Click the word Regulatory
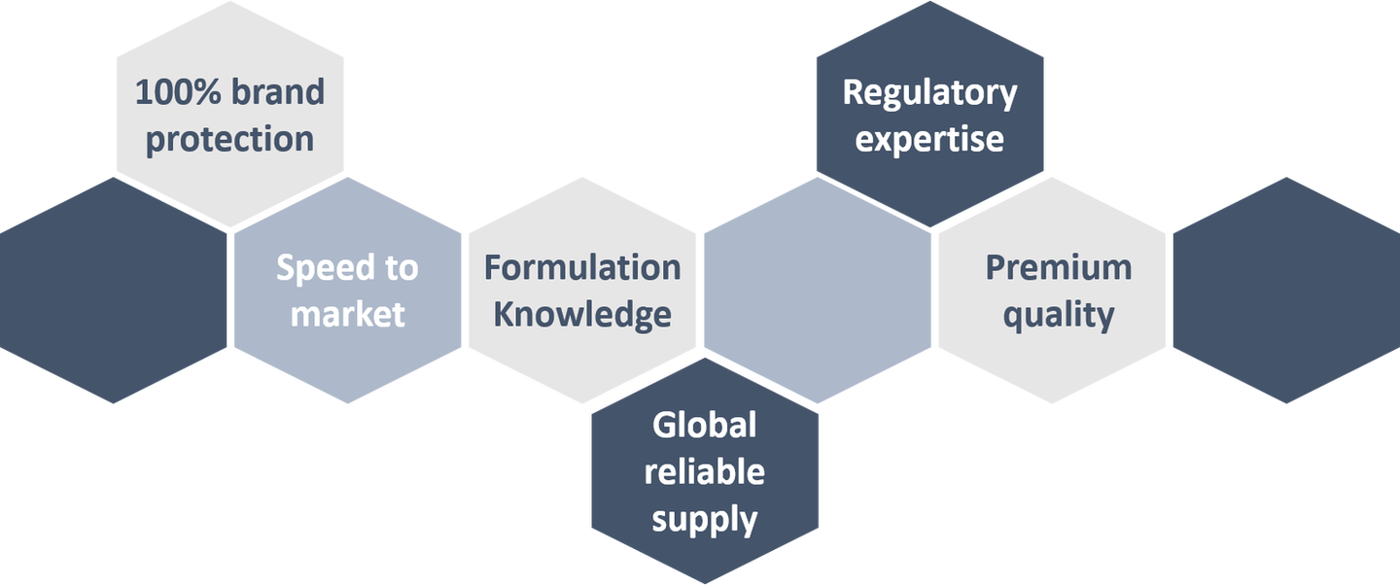coord(929,94)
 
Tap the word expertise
coord(929,139)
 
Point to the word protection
coord(229,139)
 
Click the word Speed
coord(319,268)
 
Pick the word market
coord(348,315)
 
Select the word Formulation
coord(582,267)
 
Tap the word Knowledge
coord(582,314)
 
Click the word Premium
coord(1059,267)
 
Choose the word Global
coord(705,425)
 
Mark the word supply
coord(705,519)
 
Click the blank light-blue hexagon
coord(818,290)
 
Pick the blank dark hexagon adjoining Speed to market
coord(114,290)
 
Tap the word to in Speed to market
coord(400,268)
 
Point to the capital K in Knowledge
coord(505,314)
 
